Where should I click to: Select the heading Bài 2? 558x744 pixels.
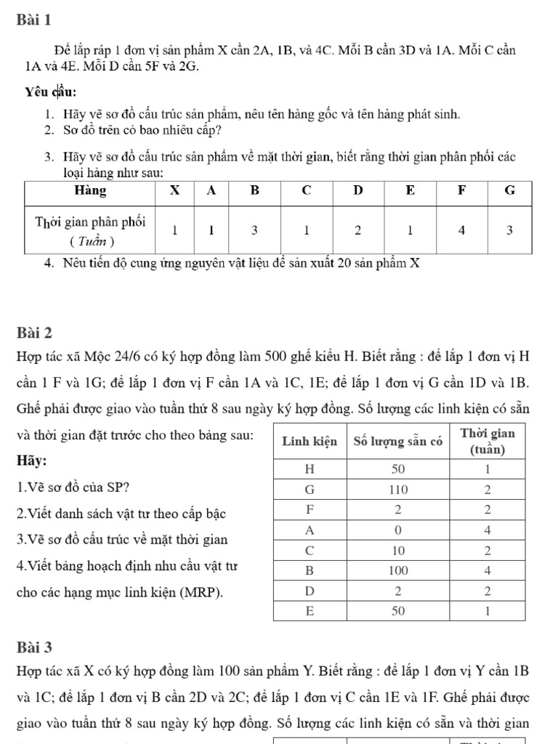coord(33,333)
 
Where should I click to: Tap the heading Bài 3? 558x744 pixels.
coord(33,646)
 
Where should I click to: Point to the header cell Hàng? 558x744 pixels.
coord(91,191)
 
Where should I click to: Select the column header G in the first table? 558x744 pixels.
coord(509,191)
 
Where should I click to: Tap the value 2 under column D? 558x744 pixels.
coord(358,230)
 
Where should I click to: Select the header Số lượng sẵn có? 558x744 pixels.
coord(397,441)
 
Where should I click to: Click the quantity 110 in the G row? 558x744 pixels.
coord(397,488)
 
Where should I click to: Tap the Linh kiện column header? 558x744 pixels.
coord(309,441)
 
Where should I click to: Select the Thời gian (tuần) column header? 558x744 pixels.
coord(488,441)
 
